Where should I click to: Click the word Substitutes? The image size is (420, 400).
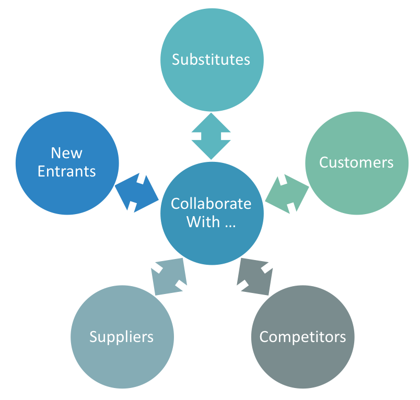click(x=211, y=60)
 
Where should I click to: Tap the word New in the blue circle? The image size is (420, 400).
click(x=66, y=153)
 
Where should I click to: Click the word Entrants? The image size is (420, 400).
click(x=66, y=171)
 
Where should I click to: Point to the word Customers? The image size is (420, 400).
click(x=356, y=162)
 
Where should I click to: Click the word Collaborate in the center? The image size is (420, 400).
click(x=211, y=204)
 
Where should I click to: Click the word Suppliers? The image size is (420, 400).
click(x=121, y=336)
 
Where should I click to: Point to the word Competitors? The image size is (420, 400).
click(x=302, y=336)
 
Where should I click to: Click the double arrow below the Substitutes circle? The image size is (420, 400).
click(x=211, y=136)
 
